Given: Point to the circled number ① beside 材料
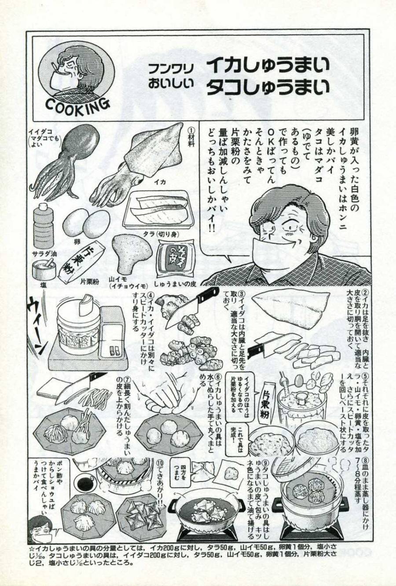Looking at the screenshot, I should tap(191, 130).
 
